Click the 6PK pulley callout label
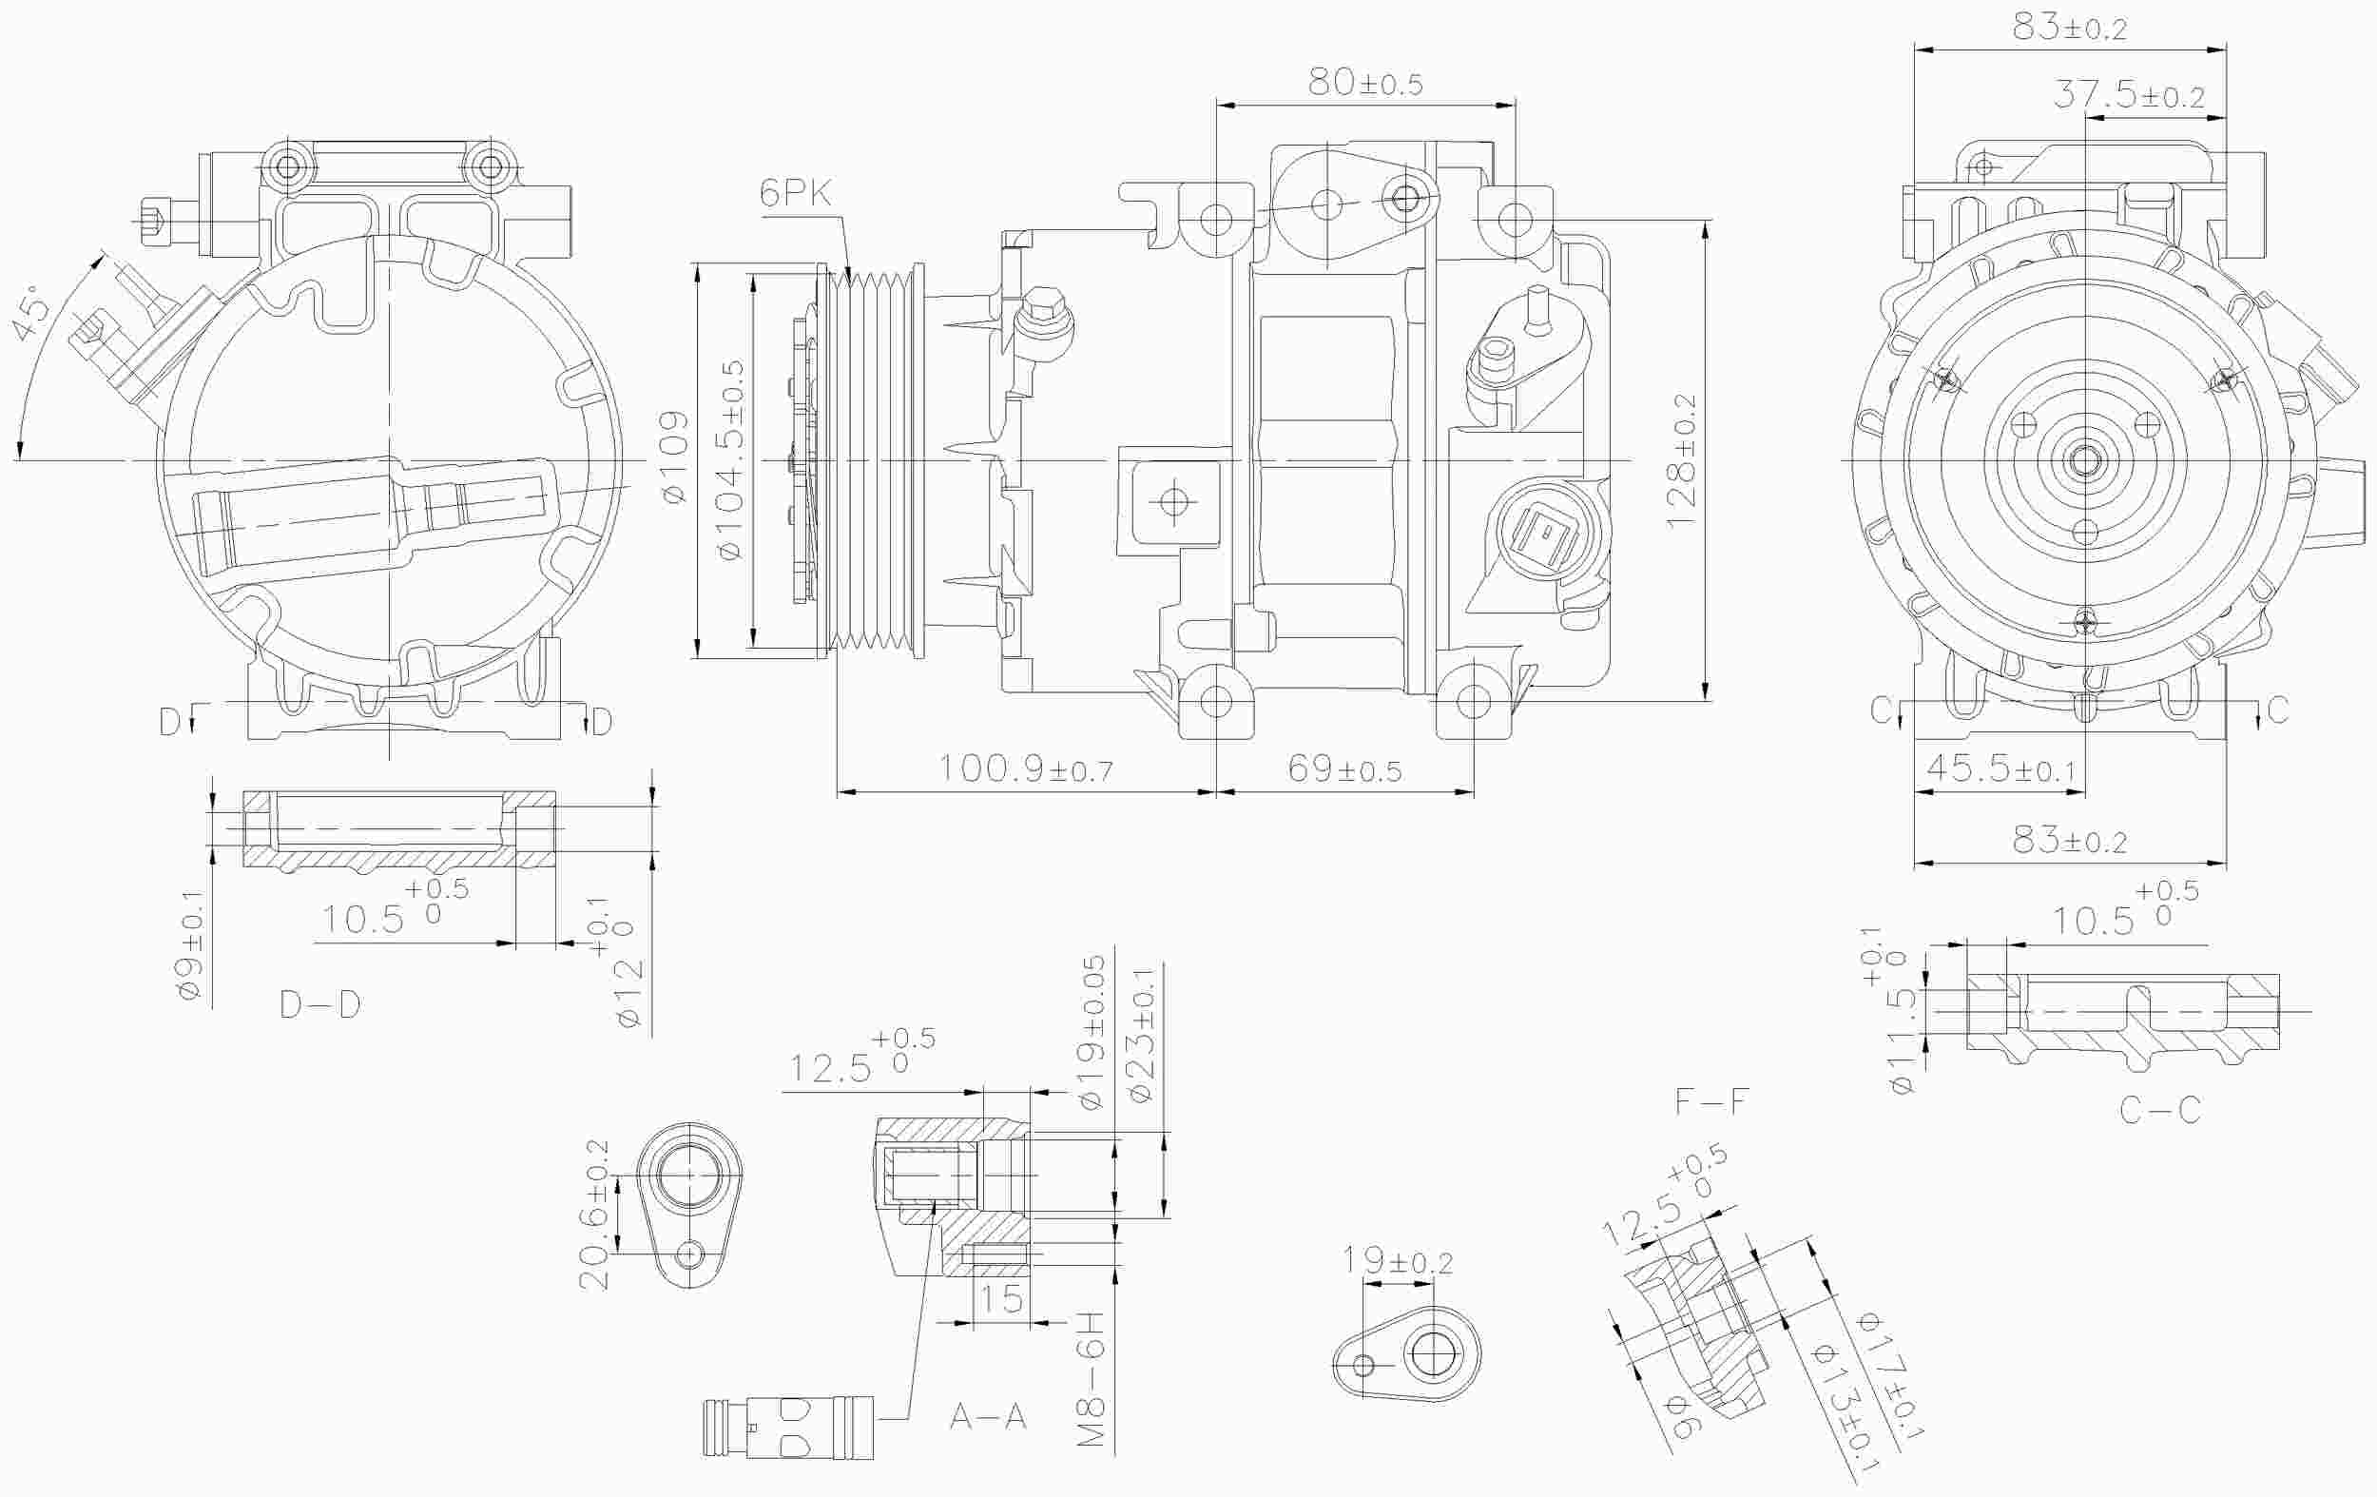pyautogui.click(x=795, y=193)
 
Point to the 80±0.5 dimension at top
pyautogui.click(x=1365, y=84)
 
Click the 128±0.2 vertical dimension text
pyautogui.click(x=1681, y=461)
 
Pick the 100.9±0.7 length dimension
pyautogui.click(x=1025, y=768)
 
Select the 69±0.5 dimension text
pyautogui.click(x=1343, y=769)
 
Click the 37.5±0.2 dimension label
pyautogui.click(x=2128, y=96)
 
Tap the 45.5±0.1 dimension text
pyautogui.click(x=2000, y=768)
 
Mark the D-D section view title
pyautogui.click(x=319, y=1005)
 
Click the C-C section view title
pyautogui.click(x=2160, y=1110)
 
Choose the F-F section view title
pyautogui.click(x=1711, y=1102)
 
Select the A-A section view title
pyautogui.click(x=988, y=1418)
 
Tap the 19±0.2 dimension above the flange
pyautogui.click(x=1397, y=1262)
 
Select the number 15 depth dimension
pyautogui.click(x=1001, y=1298)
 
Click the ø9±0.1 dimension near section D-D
pyautogui.click(x=191, y=945)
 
